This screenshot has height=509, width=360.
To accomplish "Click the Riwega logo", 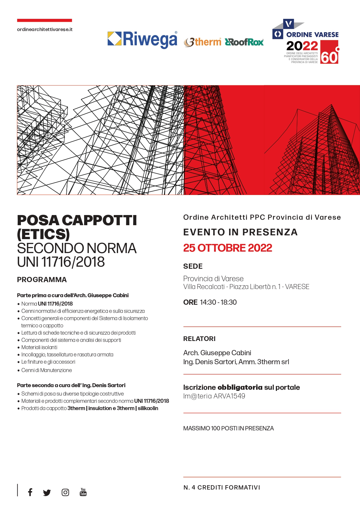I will (x=142, y=40).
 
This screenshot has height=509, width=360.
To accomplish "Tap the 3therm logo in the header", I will (x=202, y=42).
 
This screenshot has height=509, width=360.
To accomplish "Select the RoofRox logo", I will (x=244, y=42).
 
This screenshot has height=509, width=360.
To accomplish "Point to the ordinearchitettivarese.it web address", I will (x=45, y=29).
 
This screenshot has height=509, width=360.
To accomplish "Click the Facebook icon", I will (x=30, y=492).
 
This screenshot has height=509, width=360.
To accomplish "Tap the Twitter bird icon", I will (x=47, y=492).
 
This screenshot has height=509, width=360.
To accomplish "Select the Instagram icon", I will (x=65, y=492).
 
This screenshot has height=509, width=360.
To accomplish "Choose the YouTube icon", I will (x=83, y=492).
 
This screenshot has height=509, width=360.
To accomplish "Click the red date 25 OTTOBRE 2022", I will (x=227, y=248).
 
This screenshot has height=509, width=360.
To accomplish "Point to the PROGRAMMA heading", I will (x=42, y=280).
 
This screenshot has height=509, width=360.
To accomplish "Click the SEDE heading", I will (x=193, y=266).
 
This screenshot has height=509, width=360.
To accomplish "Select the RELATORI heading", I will (x=199, y=339).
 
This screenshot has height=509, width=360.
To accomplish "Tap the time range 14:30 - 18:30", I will (x=218, y=302).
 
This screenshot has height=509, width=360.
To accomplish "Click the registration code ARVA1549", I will (x=229, y=396).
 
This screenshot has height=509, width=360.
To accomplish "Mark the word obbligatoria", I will (x=240, y=387).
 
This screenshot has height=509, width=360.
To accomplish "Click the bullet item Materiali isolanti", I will (x=39, y=347).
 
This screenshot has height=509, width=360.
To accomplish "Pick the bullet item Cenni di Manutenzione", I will (x=46, y=370).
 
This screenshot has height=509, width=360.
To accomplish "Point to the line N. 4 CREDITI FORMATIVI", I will (x=222, y=488).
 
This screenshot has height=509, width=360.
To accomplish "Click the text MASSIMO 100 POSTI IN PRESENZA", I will (x=228, y=428).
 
